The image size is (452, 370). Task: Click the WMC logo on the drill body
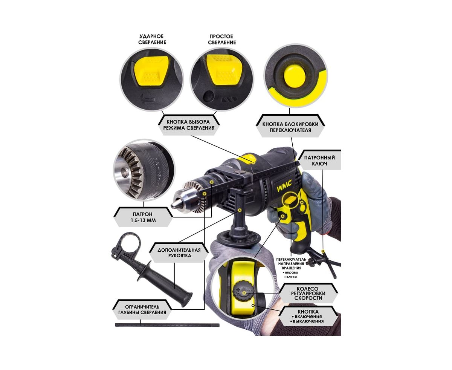[284, 186]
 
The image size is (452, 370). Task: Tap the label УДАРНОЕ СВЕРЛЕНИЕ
[152, 39]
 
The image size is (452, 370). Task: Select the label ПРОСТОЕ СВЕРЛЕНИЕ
[222, 39]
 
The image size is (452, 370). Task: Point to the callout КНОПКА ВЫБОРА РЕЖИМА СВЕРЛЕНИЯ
[189, 125]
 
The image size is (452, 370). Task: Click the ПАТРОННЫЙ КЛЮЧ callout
[319, 161]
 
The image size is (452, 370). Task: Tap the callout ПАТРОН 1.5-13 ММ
[143, 217]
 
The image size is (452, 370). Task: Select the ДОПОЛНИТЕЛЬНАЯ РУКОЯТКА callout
[179, 253]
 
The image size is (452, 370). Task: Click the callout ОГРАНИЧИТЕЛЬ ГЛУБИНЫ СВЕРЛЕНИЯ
[142, 310]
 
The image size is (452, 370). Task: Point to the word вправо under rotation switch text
[291, 272]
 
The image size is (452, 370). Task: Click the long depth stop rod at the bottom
[167, 325]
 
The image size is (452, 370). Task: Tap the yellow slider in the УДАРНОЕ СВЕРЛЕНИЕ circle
[151, 71]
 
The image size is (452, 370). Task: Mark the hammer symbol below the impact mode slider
[148, 99]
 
